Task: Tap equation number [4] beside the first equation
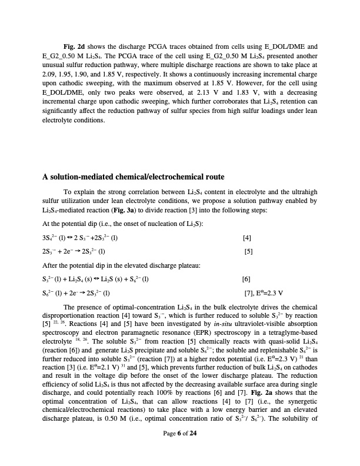247,238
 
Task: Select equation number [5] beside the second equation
248,251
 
